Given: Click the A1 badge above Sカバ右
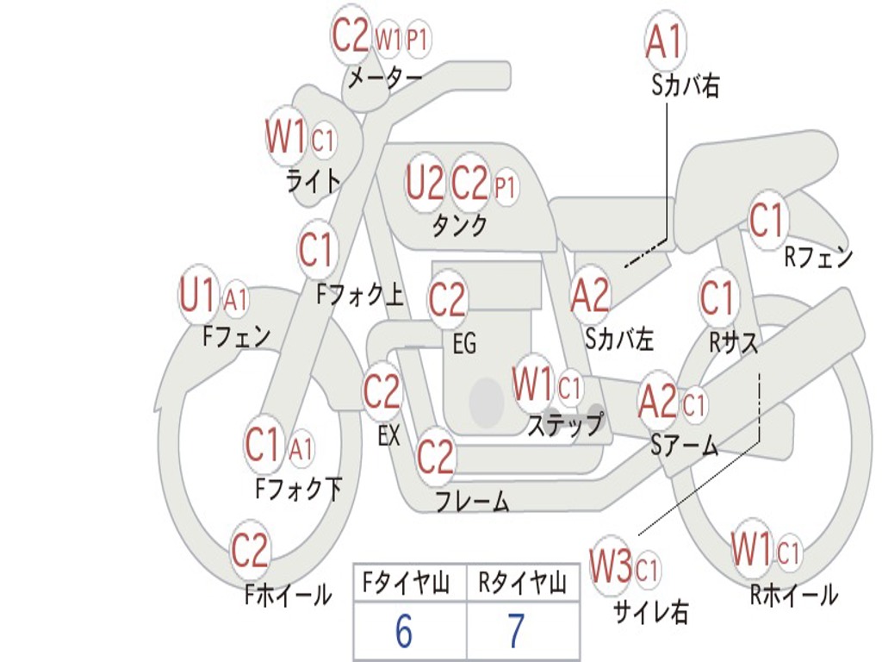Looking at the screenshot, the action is point(665,41).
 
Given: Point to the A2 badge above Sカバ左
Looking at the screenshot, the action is point(589,295).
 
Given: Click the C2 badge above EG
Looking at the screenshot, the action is point(448,299).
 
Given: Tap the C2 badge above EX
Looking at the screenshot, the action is point(382,390).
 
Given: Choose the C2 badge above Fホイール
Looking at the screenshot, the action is point(250,549).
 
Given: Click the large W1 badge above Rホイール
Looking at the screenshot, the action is point(751,548).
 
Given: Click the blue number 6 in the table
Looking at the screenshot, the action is point(404,631).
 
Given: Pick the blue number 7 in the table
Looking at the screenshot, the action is point(516,631).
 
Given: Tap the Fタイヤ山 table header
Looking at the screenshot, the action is point(406,583).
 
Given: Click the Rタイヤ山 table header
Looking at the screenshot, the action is point(523,583).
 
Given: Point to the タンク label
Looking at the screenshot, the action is point(459,225).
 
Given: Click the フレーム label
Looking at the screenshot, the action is point(473,501).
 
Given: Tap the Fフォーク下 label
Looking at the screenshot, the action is point(298,488).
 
